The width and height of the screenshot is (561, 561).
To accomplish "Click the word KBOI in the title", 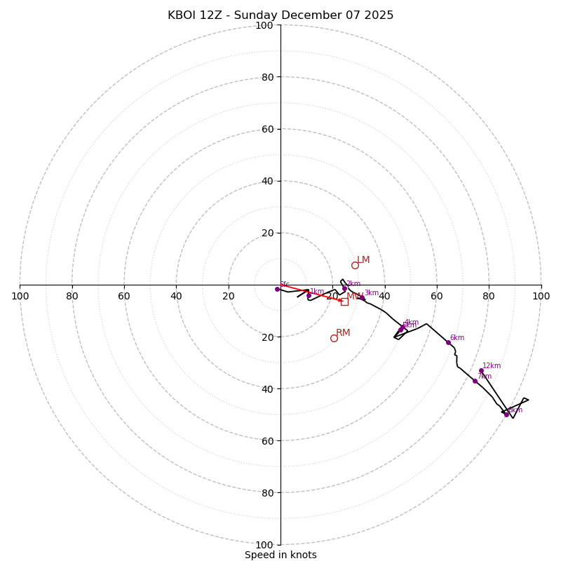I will point(184,15).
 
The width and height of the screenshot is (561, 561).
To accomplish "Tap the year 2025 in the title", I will point(377,15).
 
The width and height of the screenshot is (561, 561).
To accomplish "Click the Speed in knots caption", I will point(280,555).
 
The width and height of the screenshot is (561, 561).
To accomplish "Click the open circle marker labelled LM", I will point(355,265).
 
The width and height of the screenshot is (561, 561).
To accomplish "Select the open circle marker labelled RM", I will point(334,338).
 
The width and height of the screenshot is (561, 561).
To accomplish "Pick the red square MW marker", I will point(344,302).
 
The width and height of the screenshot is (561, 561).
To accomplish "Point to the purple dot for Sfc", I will point(277,289).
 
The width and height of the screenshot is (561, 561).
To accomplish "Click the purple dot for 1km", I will point(309,295).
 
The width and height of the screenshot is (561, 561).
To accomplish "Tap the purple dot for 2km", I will point(344,288).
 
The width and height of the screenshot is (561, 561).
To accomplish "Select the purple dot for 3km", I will point(362,298).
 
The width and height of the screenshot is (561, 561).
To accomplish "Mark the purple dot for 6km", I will point(448,342).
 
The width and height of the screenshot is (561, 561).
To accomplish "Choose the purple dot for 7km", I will point(475,381).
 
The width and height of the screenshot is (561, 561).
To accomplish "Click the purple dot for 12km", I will point(481,370).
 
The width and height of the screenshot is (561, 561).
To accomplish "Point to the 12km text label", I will point(492,365).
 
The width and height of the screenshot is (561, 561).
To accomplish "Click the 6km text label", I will point(457,337).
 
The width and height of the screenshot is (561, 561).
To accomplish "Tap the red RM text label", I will point(343,332).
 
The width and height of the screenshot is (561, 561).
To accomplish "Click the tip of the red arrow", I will point(343,301).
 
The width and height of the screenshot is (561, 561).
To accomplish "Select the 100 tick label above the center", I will point(264,25).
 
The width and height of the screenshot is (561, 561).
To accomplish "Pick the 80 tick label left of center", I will point(72,296).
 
